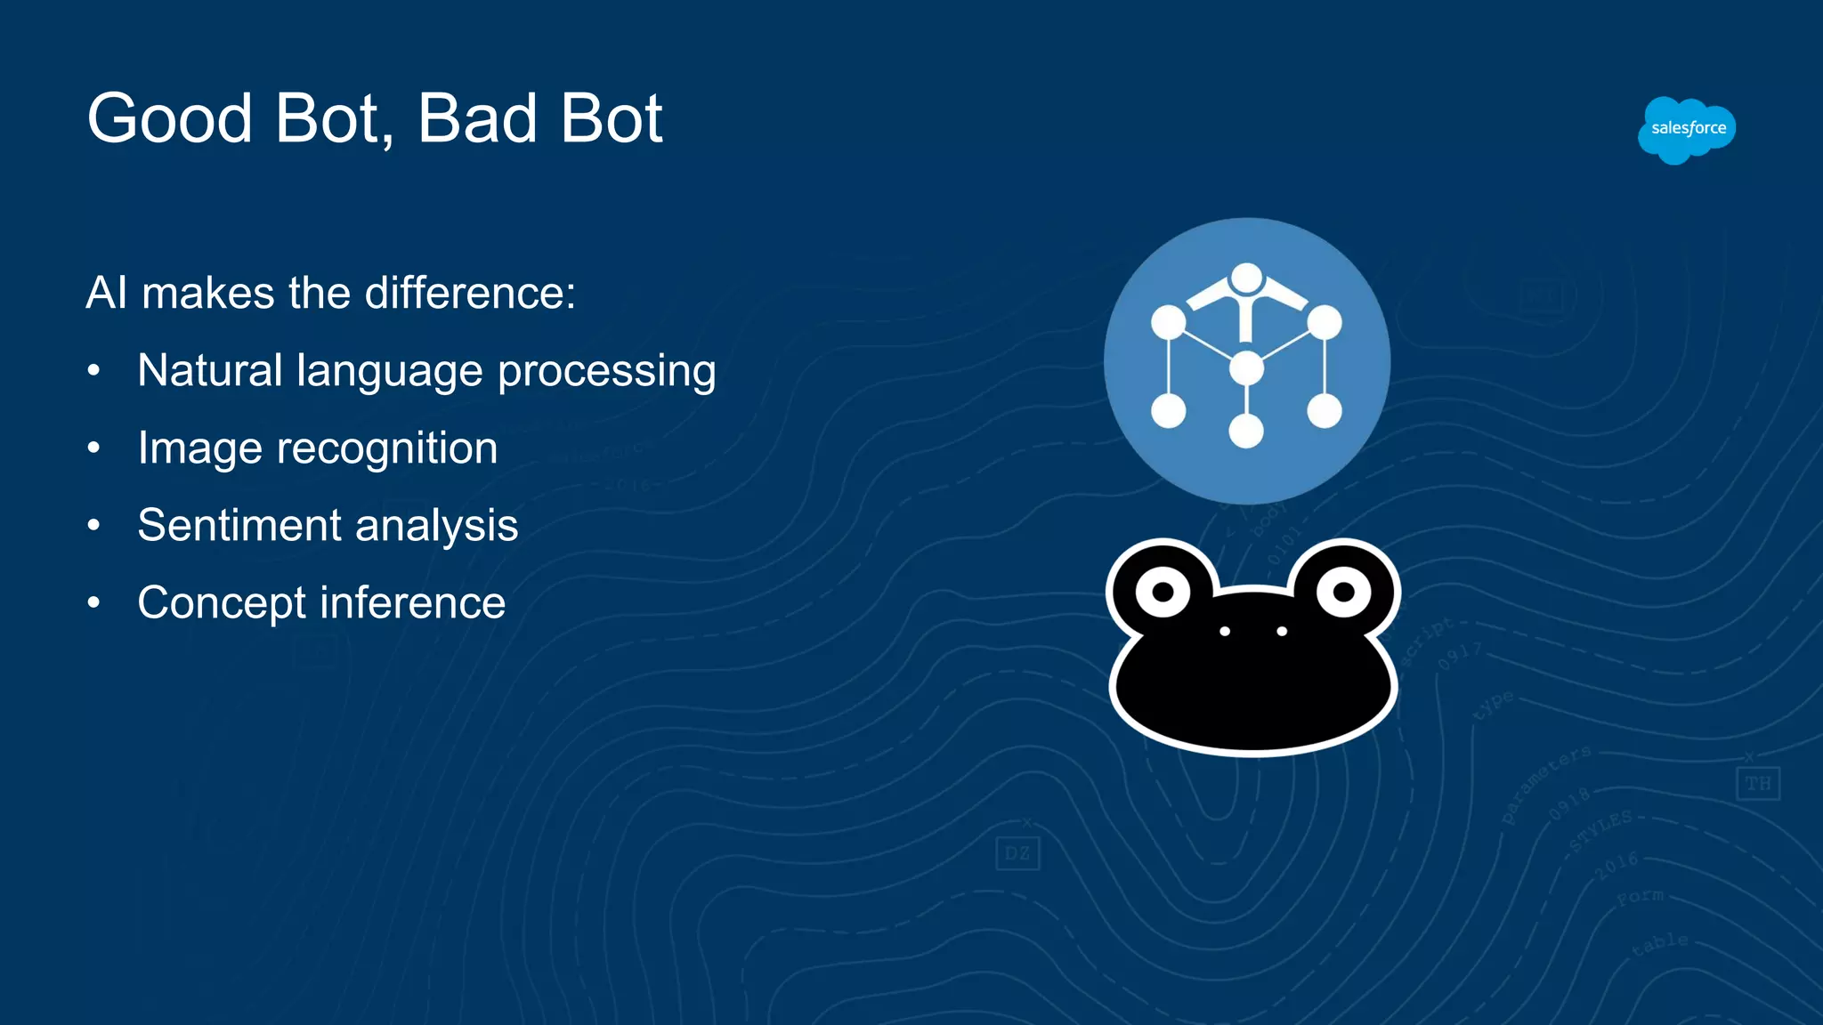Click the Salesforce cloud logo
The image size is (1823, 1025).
coord(1686,130)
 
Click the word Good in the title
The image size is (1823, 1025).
coord(169,118)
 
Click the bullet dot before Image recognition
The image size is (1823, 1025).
coord(93,448)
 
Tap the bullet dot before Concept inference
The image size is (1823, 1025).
coord(93,602)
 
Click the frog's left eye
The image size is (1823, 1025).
coord(1163,592)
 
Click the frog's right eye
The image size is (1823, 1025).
coord(1343,592)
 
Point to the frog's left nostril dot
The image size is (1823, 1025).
coord(1225,631)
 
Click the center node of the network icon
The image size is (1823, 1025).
coord(1246,367)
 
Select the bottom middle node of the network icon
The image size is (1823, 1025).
coord(1246,432)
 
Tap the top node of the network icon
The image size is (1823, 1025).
coord(1246,278)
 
